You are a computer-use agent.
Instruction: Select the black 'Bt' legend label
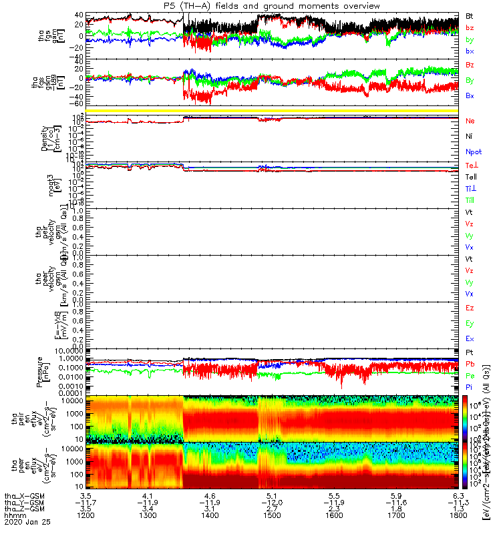pyautogui.click(x=470, y=15)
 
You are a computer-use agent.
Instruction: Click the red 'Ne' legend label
pyautogui.click(x=470, y=121)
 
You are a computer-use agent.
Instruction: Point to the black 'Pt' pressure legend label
pyautogui.click(x=470, y=352)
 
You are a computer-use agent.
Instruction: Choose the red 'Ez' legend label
pyautogui.click(x=470, y=308)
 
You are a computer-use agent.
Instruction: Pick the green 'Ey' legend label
pyautogui.click(x=470, y=324)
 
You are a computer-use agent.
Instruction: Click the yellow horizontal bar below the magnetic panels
pyautogui.click(x=274, y=110)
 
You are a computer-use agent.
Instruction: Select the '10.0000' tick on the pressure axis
pyautogui.click(x=71, y=350)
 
